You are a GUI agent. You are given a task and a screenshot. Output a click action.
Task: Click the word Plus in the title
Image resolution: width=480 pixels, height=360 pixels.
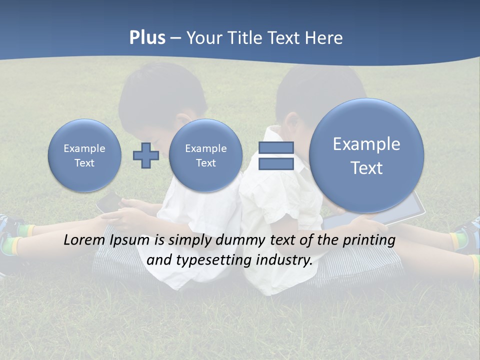[147, 38]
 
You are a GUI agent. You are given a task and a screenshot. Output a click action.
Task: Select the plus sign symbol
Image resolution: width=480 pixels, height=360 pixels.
[146, 155]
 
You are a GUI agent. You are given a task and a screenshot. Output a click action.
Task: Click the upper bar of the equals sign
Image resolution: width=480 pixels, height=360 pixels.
[276, 147]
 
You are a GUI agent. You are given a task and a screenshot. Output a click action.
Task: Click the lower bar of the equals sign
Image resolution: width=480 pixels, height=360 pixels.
[276, 164]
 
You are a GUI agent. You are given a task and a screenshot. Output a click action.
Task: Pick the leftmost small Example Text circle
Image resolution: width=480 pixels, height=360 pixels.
[84, 155]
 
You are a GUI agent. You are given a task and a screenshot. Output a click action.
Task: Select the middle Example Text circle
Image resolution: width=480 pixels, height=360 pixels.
[205, 155]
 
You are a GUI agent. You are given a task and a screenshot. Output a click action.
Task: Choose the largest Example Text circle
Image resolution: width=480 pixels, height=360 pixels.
[366, 155]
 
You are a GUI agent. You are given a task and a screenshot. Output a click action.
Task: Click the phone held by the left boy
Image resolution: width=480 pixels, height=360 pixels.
[109, 202]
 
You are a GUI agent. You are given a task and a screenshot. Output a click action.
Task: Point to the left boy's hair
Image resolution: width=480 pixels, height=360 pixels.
[160, 95]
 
